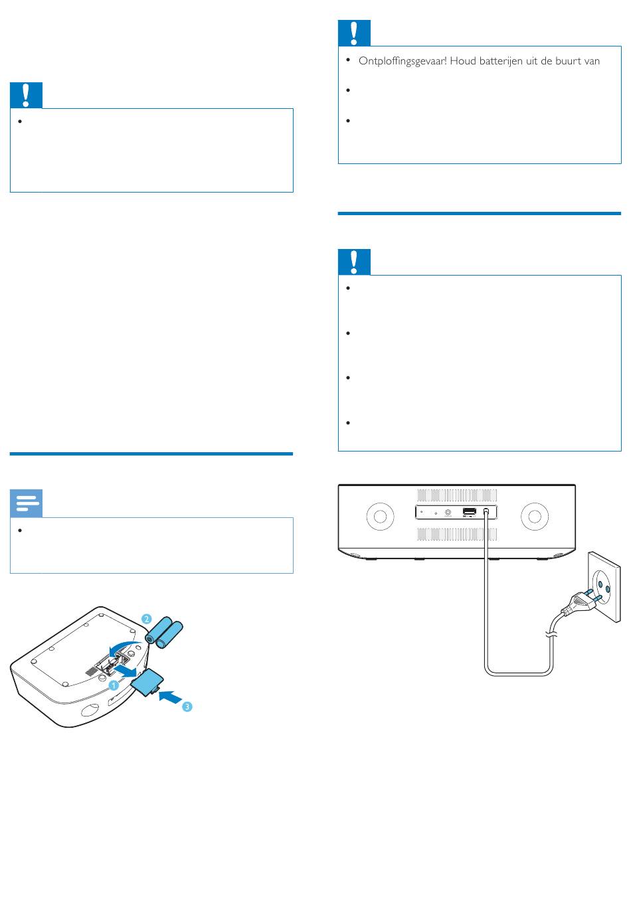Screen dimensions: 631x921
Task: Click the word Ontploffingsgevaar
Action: point(403,61)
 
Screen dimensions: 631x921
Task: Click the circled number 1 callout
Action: point(114,685)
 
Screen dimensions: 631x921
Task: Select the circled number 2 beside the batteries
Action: point(146,619)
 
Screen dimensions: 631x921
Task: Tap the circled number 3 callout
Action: point(187,707)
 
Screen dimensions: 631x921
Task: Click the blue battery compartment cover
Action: point(147,682)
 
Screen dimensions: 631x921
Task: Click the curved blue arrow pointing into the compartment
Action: point(126,646)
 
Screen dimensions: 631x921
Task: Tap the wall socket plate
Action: point(604,587)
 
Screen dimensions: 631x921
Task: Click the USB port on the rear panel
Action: point(470,511)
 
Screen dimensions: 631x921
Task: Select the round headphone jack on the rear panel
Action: point(448,513)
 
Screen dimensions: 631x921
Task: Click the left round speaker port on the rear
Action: point(380,516)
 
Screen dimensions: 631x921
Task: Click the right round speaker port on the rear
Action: point(534,516)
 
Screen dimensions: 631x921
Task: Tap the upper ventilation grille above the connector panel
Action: point(456,495)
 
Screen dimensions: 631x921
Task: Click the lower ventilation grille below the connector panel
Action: point(456,534)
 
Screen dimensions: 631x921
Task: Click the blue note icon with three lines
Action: point(27,503)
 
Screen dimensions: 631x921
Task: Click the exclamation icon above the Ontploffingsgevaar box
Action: point(354,33)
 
